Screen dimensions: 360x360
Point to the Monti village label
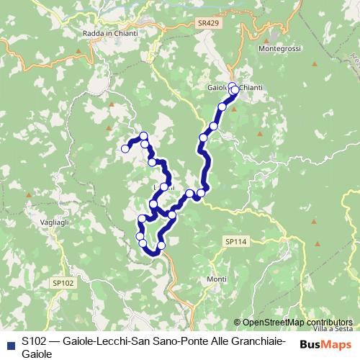(217, 279)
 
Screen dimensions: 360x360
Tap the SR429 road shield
(207, 24)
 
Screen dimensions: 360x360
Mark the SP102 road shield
(63, 284)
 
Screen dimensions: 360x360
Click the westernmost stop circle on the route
(125, 149)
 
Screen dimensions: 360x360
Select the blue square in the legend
(9, 343)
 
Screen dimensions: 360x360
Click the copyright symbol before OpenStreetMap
(237, 323)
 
